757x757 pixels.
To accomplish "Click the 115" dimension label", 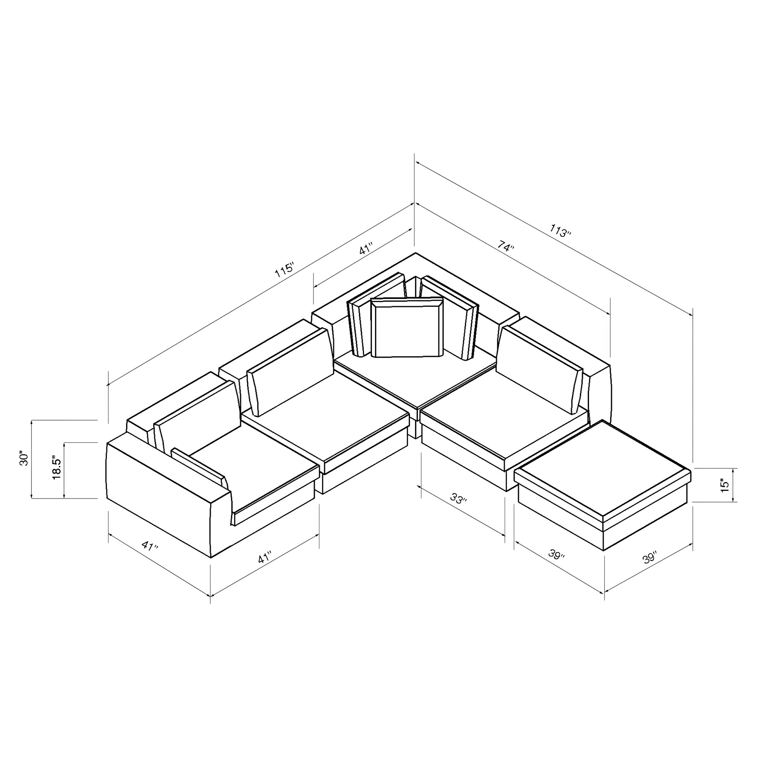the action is point(285,270).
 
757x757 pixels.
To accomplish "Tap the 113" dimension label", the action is point(560,231).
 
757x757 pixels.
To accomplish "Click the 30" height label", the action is point(24,459).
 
